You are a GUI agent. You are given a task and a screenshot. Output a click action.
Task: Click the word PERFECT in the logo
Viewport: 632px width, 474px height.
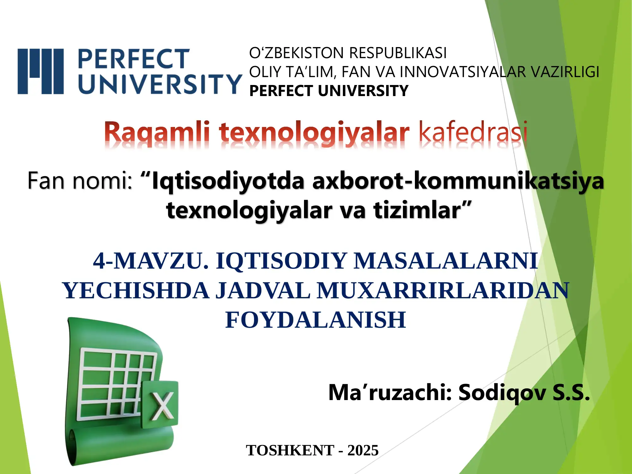[133, 59]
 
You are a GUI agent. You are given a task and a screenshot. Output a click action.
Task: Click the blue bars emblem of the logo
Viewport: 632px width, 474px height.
[41, 71]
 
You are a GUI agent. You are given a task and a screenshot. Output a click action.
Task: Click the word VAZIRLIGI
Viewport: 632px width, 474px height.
[565, 72]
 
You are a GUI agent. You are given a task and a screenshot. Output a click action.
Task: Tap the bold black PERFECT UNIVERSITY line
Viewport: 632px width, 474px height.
[329, 91]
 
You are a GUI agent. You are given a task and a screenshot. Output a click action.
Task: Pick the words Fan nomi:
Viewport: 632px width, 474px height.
[80, 181]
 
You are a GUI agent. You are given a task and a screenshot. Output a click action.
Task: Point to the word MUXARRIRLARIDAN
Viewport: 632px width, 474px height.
[443, 290]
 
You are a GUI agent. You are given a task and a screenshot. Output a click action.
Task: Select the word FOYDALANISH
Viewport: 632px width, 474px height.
[316, 320]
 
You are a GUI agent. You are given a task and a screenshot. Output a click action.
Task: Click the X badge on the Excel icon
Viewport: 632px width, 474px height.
[160, 404]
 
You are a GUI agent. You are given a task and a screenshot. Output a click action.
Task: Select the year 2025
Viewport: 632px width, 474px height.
[363, 450]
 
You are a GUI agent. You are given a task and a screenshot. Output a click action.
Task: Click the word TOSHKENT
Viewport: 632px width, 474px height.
[290, 450]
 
